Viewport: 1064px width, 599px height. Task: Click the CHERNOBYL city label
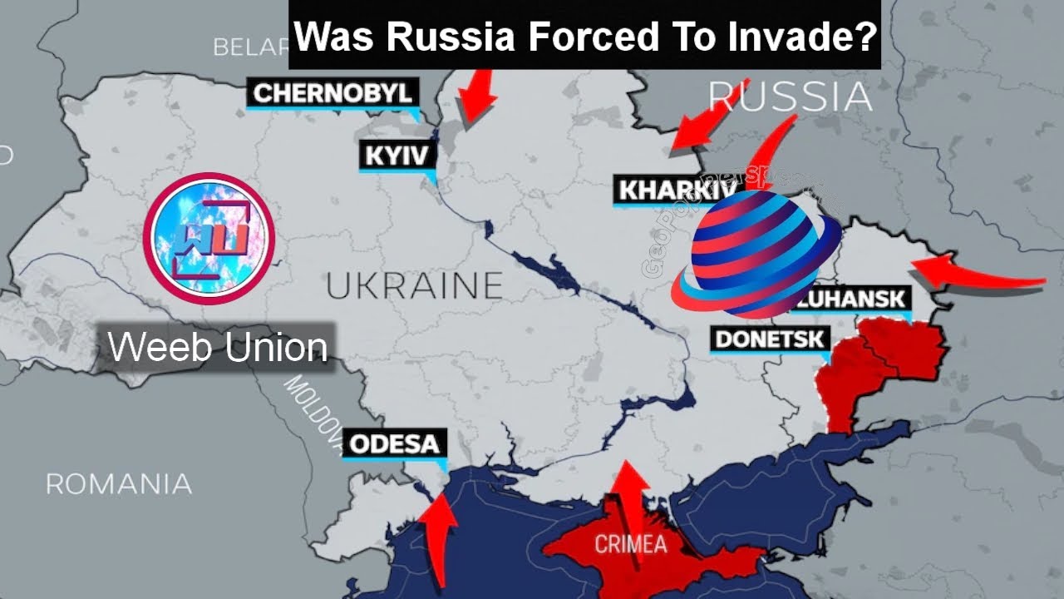[332, 93]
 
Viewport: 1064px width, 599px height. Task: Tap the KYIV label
[397, 156]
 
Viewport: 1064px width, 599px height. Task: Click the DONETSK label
[771, 339]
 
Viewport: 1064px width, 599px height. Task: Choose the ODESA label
[394, 443]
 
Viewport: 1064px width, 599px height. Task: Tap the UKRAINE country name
[414, 286]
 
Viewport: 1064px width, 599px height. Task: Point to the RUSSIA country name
[790, 98]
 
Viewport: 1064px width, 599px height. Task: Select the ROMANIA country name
[118, 483]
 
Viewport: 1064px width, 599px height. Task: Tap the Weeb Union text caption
[218, 347]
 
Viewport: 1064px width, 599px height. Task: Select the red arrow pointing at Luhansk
[973, 276]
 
